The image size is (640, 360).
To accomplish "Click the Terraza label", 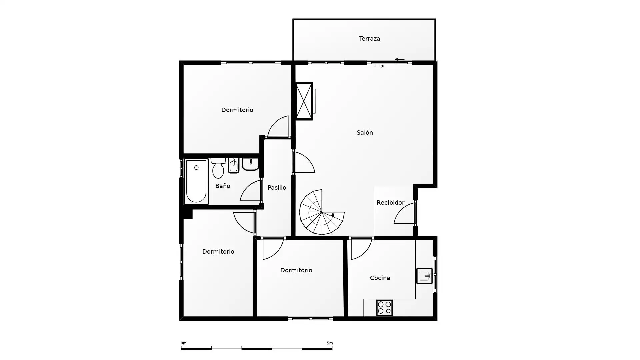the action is [369, 39].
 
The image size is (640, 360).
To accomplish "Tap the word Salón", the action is [365, 133].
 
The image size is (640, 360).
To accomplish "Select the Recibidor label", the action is [390, 203].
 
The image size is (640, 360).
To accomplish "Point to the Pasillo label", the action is [277, 188].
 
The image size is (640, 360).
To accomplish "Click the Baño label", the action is [223, 186].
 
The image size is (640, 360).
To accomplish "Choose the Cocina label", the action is [380, 278].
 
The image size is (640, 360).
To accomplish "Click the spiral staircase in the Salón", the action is [322, 212].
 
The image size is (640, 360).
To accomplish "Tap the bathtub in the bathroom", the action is [196, 181].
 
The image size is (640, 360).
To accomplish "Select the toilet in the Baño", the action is [218, 168].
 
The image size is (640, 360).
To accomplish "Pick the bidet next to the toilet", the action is [234, 166].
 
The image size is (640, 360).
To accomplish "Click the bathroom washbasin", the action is [250, 164].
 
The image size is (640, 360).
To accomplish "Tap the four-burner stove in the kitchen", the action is [384, 308].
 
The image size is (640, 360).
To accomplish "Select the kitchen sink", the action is [424, 276].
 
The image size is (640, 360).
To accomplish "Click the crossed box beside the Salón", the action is [304, 101].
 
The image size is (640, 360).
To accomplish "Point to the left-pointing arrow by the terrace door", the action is [400, 60].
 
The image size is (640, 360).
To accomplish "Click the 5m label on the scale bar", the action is [330, 343].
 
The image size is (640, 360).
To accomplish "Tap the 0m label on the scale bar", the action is [184, 343].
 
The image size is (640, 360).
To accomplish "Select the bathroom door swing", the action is [251, 191].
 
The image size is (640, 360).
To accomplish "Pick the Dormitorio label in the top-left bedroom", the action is [237, 110].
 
